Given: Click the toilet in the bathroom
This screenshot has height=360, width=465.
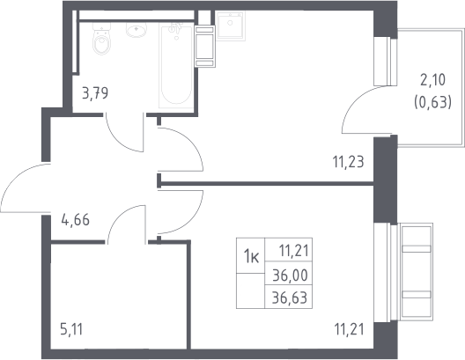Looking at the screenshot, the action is [101, 39].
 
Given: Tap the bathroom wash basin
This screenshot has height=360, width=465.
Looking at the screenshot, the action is [137, 30].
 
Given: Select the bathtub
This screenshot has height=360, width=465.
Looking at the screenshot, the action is [176, 66].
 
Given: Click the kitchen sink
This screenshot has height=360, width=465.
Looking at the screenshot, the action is [231, 26].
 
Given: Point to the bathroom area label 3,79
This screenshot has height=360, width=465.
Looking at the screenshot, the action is [95, 93].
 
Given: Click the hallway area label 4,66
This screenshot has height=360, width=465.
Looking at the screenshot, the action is [76, 220].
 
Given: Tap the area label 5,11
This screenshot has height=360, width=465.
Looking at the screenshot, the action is [71, 329].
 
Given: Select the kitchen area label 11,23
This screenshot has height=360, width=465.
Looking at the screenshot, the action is [348, 162].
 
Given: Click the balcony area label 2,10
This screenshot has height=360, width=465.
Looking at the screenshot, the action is [432, 80].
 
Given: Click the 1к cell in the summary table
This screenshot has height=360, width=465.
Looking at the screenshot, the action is [251, 256].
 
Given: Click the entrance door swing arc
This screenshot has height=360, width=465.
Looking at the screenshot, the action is [15, 178].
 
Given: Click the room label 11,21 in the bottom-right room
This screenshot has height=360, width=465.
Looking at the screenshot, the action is [349, 329].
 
